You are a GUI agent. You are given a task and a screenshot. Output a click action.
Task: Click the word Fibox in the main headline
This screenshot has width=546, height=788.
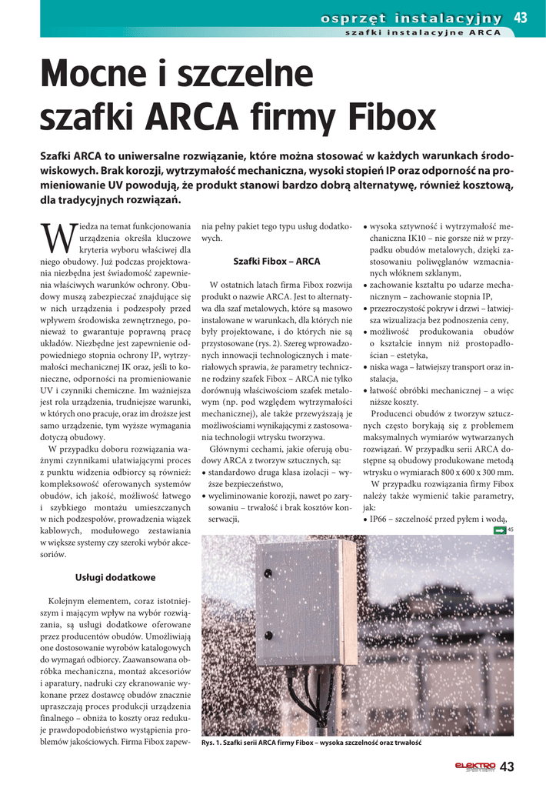pos(383,118)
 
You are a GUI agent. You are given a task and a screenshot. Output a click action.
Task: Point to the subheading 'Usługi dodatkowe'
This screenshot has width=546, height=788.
pos(115,577)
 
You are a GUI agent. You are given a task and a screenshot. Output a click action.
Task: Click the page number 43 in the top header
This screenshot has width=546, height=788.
pos(521,18)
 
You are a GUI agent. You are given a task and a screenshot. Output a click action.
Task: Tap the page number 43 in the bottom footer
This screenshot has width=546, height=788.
pos(507,766)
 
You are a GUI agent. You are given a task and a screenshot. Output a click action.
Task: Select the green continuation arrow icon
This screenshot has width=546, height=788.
pos(499,529)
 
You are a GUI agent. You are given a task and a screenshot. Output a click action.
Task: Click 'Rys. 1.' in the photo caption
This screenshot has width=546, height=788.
pos(211,743)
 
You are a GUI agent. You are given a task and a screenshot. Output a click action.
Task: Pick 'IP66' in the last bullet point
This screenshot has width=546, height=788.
pos(380,519)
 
